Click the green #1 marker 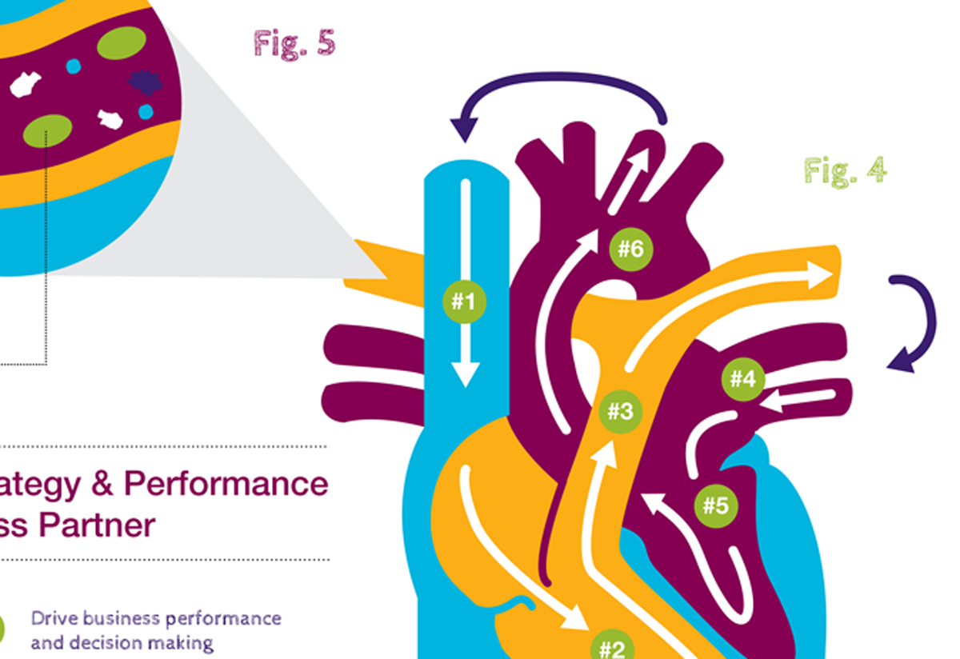pos(464,302)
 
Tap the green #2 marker pos(612,646)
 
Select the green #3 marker pos(620,412)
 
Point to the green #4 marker pos(743,378)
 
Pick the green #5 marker pos(716,505)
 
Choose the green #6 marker pos(631,249)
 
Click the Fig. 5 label pos(294,43)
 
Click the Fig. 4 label pos(845,170)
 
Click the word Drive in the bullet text pos(54,618)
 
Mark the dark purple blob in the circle pos(146,82)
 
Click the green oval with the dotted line pos(48,130)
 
